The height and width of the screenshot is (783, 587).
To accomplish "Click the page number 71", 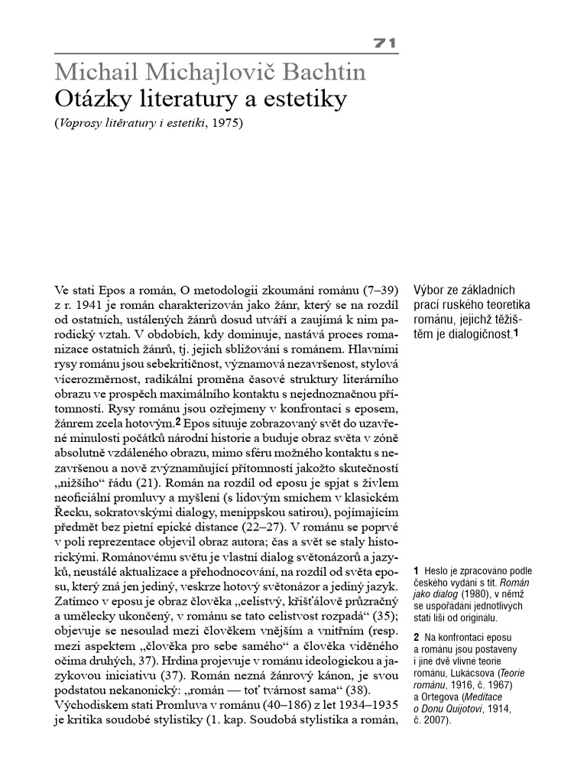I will click(384, 45).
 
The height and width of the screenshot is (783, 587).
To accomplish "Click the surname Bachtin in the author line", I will click(321, 74).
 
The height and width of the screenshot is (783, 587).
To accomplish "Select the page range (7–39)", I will click(379, 291).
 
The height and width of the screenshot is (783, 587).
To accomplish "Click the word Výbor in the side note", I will click(430, 291).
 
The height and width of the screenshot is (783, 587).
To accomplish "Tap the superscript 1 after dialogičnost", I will click(517, 333).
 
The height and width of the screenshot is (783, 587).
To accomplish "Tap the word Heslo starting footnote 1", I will click(438, 571).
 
